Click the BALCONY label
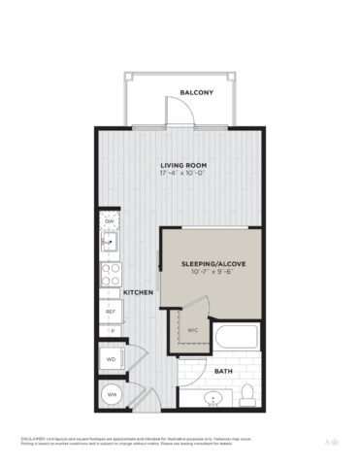click(x=196, y=93)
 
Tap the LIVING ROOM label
click(x=180, y=166)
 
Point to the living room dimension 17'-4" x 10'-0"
click(x=180, y=176)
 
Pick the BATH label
click(x=222, y=371)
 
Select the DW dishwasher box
click(x=110, y=220)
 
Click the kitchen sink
click(x=111, y=241)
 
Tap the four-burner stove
click(x=111, y=272)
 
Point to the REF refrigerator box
click(x=111, y=311)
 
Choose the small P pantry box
click(x=111, y=332)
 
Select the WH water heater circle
click(x=111, y=395)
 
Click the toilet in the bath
click(x=248, y=393)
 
